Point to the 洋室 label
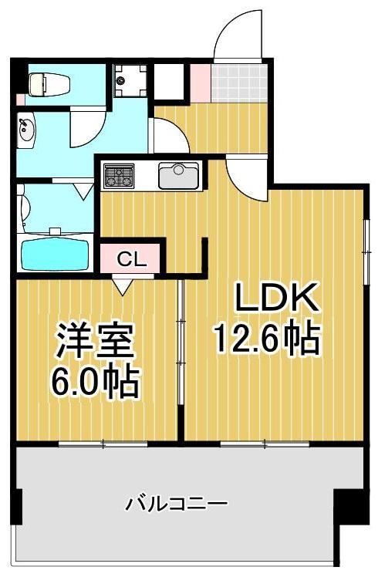coord(95,341)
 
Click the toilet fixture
coord(48,83)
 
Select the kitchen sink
coord(179,175)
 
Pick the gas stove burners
coord(120,175)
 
